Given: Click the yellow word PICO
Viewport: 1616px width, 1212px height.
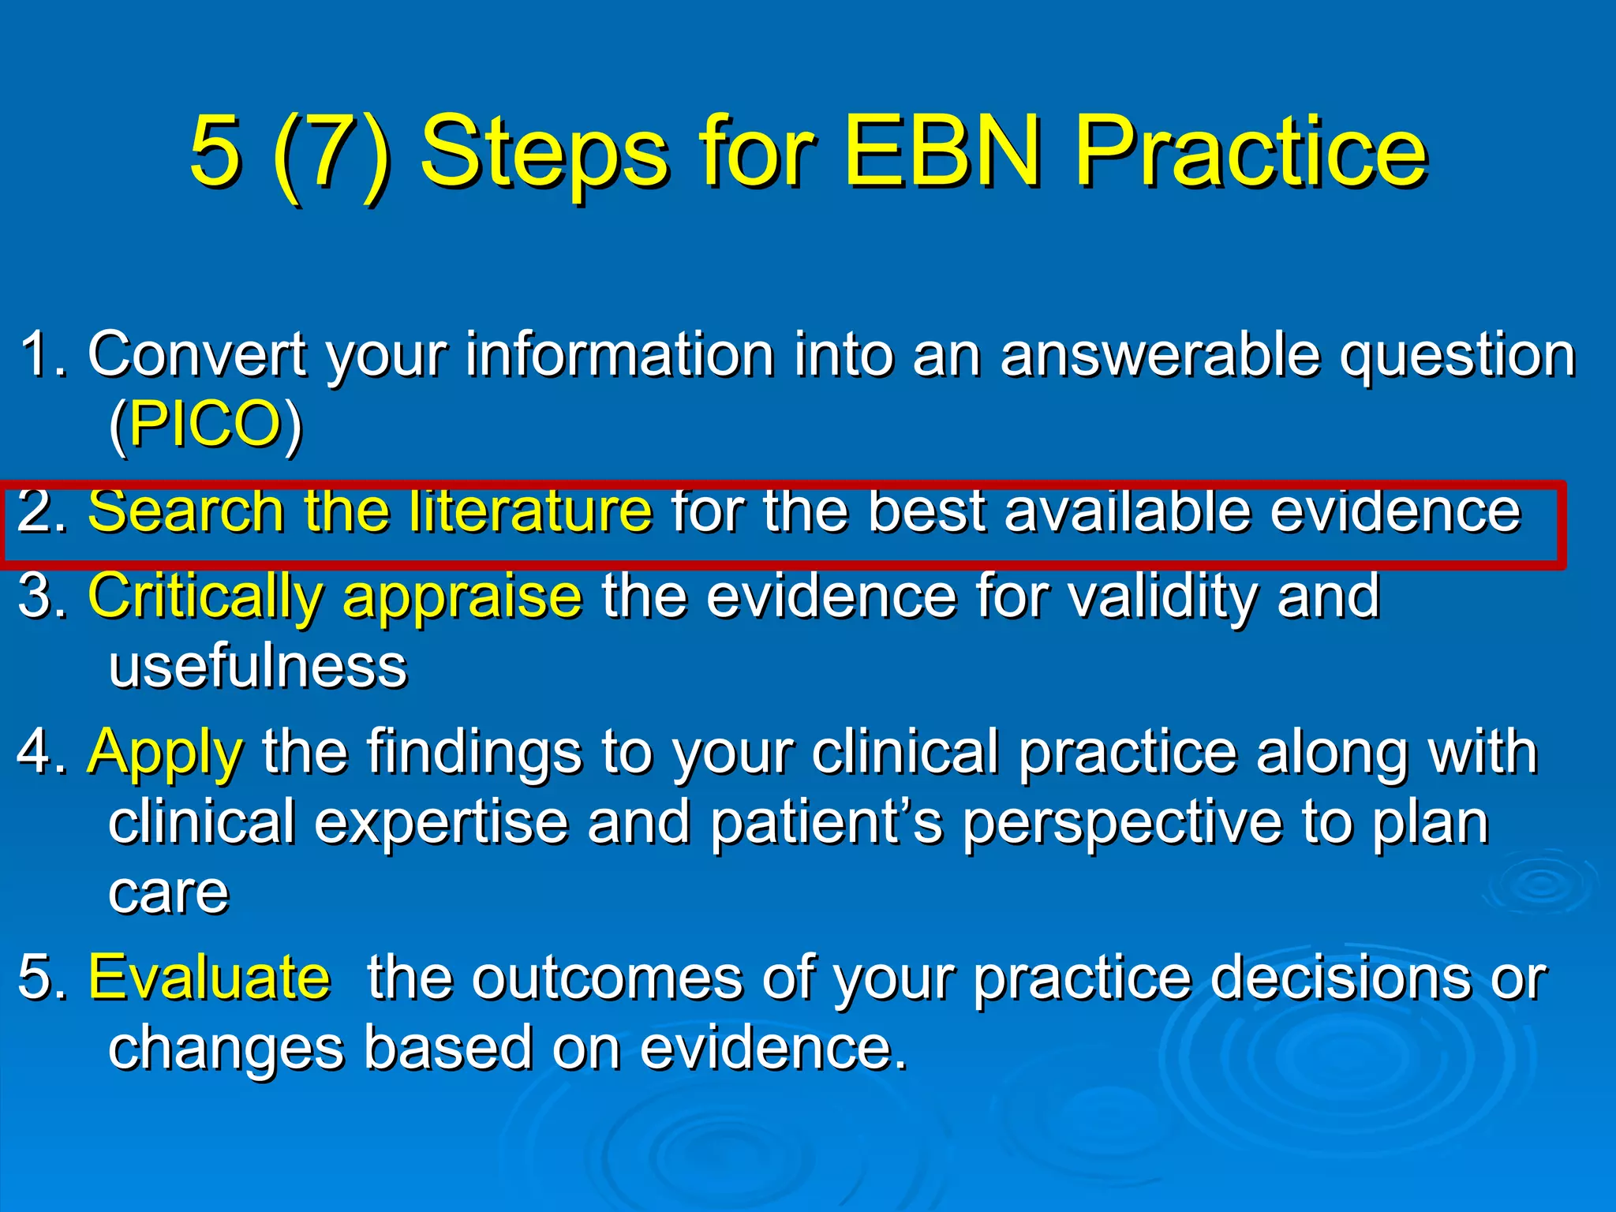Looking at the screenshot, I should [x=205, y=424].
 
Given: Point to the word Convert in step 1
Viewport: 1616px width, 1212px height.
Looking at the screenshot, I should [x=196, y=354].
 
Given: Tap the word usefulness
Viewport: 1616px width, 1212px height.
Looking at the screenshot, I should [x=258, y=667].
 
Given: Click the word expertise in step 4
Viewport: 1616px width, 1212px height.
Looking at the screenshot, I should [x=441, y=822].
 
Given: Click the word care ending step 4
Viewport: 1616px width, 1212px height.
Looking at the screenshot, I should [x=169, y=893].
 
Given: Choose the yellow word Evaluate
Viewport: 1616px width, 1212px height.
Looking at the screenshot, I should [x=209, y=978].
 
